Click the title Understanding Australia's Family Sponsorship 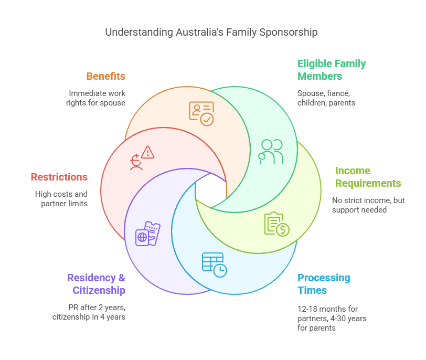tap(211, 32)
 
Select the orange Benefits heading tap(105, 76)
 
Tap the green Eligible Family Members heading tap(331, 70)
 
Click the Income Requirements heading tap(368, 177)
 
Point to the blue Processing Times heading tap(323, 284)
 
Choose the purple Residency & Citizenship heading tap(95, 284)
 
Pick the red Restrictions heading tap(59, 177)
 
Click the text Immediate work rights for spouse tap(95, 98)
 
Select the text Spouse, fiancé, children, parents tap(326, 98)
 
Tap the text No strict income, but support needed tap(368, 205)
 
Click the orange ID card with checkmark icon tap(201, 113)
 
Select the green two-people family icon tap(271, 152)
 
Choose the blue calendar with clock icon tap(214, 264)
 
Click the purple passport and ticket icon tap(147, 234)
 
